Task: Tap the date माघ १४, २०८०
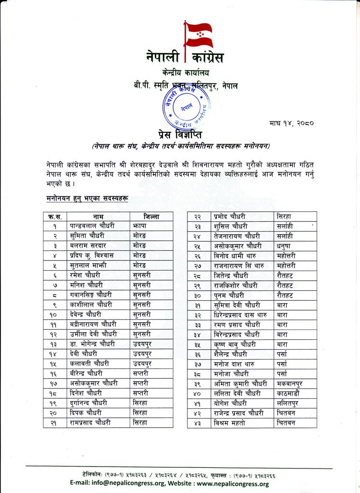click(x=292, y=123)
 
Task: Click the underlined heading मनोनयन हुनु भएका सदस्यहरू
click(x=87, y=198)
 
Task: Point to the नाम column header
click(x=98, y=216)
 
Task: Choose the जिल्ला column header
click(x=151, y=216)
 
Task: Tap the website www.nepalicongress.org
click(x=233, y=484)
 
